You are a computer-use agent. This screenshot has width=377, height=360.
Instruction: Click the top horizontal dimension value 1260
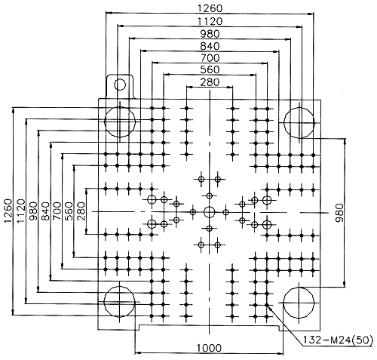tap(210, 8)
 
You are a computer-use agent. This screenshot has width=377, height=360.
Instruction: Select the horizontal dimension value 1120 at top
tap(210, 21)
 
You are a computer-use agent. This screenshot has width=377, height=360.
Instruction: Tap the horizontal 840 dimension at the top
tap(210, 46)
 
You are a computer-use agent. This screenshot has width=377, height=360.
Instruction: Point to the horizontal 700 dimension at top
tap(210, 58)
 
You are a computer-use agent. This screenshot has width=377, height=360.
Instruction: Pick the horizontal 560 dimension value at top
tap(210, 69)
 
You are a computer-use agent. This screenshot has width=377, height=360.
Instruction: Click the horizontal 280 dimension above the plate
tap(210, 82)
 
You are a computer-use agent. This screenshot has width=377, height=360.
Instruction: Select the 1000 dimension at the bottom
tap(209, 348)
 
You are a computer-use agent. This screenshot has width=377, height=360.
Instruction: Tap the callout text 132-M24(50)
tap(338, 340)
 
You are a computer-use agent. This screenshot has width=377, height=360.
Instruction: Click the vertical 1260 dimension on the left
tap(8, 211)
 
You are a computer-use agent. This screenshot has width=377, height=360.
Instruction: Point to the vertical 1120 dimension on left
tap(21, 211)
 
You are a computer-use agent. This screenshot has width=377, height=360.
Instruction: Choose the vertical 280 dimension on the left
tap(81, 211)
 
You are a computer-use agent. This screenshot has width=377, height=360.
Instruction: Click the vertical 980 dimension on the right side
tap(339, 213)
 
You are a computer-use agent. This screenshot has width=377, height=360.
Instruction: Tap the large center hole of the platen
tap(209, 212)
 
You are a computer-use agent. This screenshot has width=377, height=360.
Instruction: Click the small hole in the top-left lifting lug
tap(120, 85)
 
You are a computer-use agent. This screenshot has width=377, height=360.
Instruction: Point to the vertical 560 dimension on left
tap(68, 211)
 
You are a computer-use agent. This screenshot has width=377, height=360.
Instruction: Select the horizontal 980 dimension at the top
tap(210, 33)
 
